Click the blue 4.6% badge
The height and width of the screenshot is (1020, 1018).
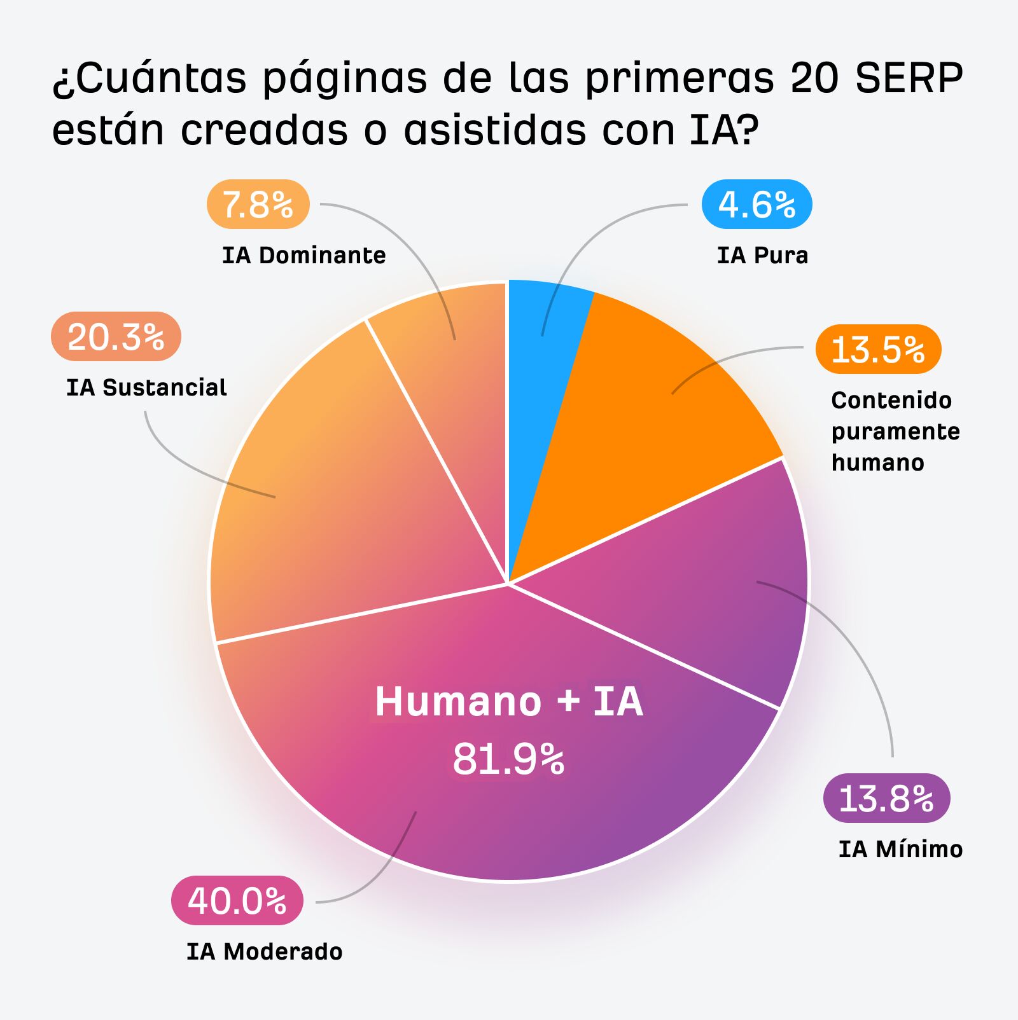coord(757,205)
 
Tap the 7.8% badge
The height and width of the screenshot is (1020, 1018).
coord(258,205)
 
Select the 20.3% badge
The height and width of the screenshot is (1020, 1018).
coord(116,336)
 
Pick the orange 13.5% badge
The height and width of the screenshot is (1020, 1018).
coord(878,349)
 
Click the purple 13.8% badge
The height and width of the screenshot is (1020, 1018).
coord(886,798)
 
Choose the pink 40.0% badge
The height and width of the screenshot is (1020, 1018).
coord(237,900)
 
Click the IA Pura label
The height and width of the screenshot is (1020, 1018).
coord(762,255)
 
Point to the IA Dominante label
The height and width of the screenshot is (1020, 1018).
coord(303,255)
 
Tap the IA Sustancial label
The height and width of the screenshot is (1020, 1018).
coord(146,387)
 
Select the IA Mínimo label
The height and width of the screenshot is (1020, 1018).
coord(900,849)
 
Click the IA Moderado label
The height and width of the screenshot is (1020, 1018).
coord(264,951)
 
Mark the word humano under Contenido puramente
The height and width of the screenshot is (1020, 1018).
coord(877,462)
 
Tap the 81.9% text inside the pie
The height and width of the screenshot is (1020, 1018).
coord(508,759)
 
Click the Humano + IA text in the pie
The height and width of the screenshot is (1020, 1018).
coord(508,701)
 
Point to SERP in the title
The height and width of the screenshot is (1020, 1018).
coord(909,78)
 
